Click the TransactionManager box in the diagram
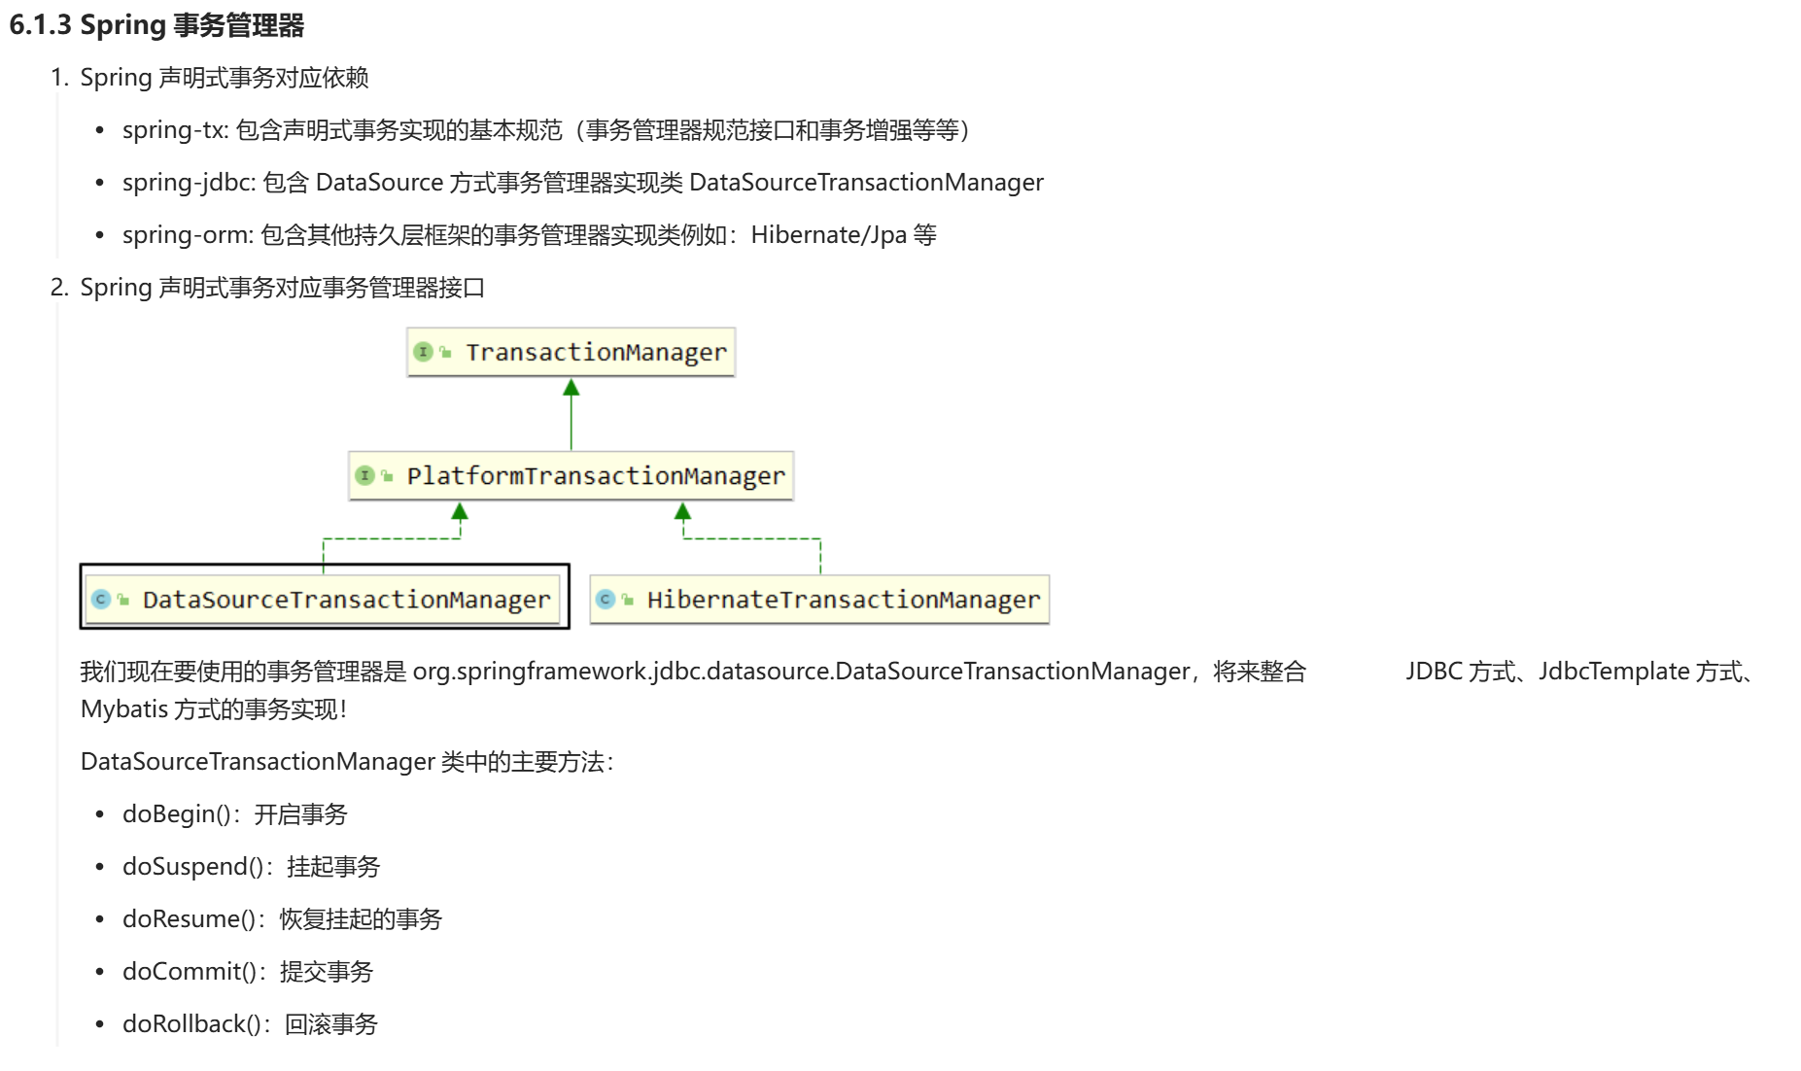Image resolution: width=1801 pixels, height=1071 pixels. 571,352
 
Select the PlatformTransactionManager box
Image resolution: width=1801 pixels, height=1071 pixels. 571,475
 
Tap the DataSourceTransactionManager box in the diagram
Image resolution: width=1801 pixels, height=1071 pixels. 325,599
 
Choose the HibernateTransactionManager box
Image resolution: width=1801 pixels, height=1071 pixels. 819,599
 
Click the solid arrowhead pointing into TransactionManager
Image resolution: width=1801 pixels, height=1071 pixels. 571,388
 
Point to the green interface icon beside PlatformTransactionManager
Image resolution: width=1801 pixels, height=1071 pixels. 365,475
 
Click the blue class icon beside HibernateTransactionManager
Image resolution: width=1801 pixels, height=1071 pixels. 606,599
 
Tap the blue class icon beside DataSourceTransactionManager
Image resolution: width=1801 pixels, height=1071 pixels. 101,599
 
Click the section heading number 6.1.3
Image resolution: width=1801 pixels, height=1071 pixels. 40,25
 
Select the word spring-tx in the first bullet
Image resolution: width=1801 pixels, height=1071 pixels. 173,130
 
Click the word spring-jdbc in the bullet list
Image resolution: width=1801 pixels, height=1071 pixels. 187,183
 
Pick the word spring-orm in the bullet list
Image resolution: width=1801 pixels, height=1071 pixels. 186,235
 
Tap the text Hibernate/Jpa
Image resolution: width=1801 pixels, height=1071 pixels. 828,235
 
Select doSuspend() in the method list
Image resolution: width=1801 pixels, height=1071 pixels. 191,867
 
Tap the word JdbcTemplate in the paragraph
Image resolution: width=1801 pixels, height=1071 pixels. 1613,672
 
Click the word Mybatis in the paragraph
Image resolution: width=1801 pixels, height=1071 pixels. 124,709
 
